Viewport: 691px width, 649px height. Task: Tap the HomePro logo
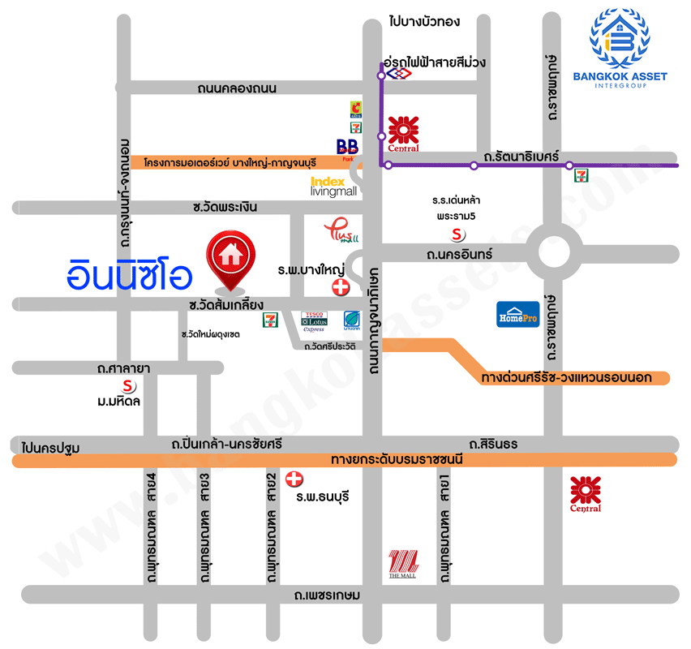coord(517,314)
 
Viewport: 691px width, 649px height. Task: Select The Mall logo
coord(403,564)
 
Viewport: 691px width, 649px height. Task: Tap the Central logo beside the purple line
coord(403,133)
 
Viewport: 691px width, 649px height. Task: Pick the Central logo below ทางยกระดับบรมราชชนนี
coord(586,494)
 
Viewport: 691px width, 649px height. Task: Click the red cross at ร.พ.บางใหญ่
coord(341,287)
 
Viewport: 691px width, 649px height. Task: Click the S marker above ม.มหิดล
coord(126,385)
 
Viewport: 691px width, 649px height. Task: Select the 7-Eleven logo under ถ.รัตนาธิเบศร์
coord(581,174)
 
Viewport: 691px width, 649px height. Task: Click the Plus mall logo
coord(340,232)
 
